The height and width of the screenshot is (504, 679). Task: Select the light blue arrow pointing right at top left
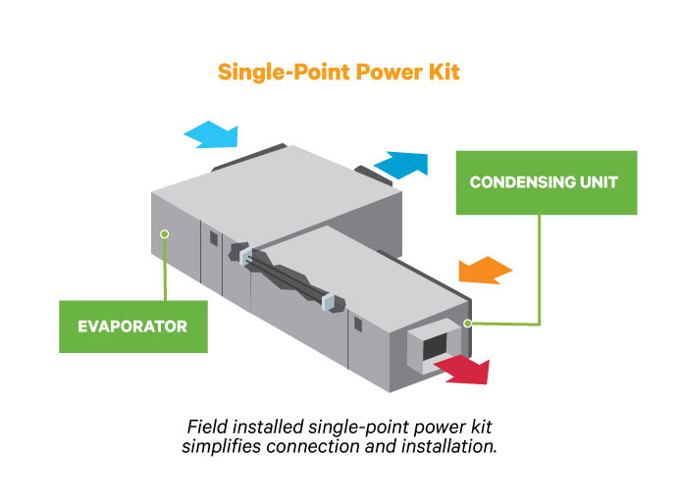coord(211,134)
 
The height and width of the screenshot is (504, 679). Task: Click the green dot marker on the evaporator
coord(165,233)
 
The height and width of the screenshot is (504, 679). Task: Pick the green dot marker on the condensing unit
coord(469,322)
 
